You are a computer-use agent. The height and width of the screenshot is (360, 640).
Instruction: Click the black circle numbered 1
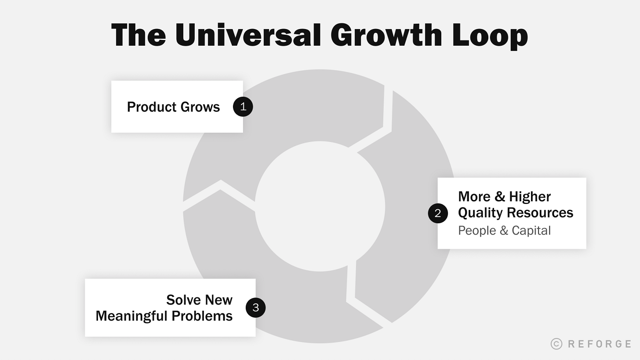coord(243,107)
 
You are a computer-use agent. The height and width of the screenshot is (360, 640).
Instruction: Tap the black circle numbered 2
coord(438,213)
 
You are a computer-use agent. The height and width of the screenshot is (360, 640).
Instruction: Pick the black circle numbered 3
coord(255,307)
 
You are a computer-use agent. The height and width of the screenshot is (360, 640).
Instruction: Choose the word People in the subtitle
coord(477,230)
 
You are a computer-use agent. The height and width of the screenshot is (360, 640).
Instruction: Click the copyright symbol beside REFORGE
coord(556,344)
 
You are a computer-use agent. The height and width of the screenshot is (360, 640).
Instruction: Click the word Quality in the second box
coord(480,213)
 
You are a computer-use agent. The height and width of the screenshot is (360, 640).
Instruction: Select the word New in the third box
coord(218,300)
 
